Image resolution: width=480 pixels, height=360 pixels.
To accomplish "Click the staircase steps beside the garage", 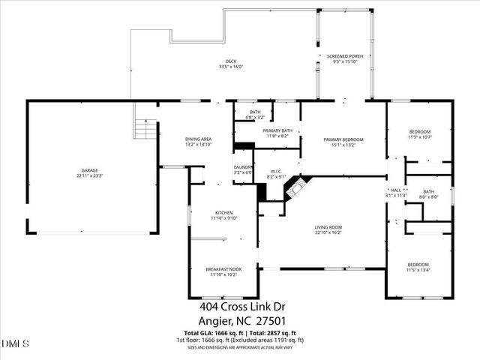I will pyautogui.click(x=143, y=128).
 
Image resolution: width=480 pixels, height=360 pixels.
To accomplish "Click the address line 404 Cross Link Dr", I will pyautogui.click(x=241, y=306).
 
